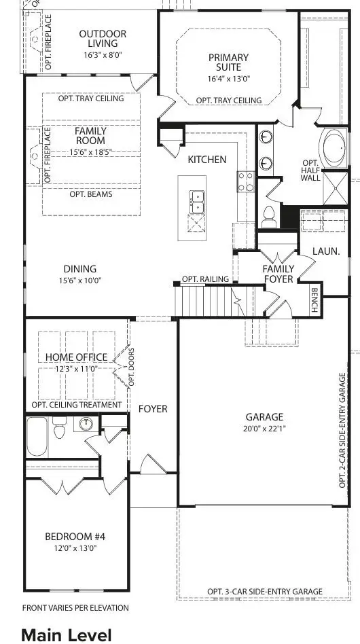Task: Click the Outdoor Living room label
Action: [103, 39]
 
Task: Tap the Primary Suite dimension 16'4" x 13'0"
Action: [228, 78]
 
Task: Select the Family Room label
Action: [90, 136]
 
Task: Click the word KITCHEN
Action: [207, 160]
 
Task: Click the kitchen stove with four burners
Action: [245, 181]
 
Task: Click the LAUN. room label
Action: [326, 251]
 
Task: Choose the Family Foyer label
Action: [278, 273]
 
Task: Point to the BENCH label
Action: [314, 300]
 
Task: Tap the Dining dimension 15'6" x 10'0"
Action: [80, 280]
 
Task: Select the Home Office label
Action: [76, 357]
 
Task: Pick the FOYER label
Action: [153, 409]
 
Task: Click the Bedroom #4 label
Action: [75, 537]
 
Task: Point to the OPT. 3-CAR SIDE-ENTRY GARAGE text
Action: [264, 592]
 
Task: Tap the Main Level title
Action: [67, 634]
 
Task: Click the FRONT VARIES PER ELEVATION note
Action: [75, 608]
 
